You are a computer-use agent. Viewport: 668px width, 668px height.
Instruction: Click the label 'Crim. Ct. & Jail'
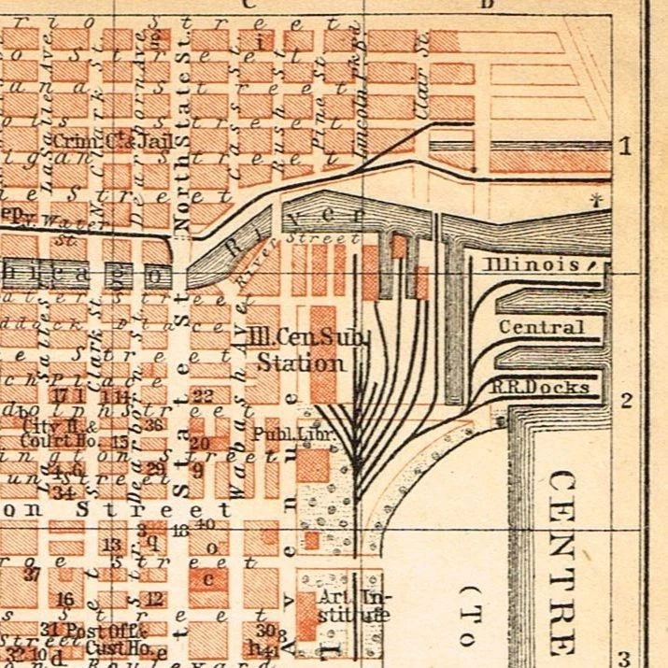[107, 141]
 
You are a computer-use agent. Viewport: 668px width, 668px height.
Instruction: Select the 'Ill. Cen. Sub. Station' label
[301, 348]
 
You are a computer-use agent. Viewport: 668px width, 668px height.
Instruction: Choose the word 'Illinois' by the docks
[531, 265]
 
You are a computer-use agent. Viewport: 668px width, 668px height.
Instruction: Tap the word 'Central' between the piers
[541, 327]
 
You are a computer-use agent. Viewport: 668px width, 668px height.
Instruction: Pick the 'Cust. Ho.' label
[112, 647]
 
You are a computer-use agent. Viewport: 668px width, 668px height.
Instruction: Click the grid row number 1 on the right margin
[625, 146]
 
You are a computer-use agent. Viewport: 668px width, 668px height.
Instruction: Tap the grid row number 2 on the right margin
[626, 401]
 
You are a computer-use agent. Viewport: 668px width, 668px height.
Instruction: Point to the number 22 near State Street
[203, 396]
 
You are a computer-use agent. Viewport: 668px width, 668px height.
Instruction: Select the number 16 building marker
[65, 599]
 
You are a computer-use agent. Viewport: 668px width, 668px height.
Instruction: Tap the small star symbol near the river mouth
[595, 199]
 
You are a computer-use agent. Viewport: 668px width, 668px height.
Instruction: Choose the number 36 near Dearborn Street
[155, 424]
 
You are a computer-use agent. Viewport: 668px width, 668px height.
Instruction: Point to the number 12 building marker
[155, 599]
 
